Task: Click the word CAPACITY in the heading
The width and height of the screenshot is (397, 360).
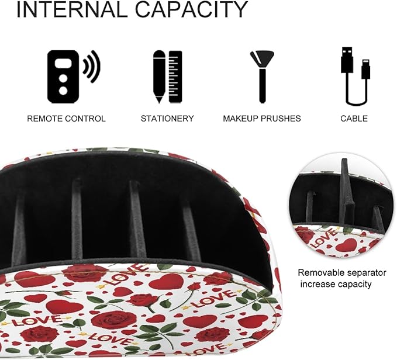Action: click(191, 9)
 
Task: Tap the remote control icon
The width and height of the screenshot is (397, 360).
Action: click(63, 77)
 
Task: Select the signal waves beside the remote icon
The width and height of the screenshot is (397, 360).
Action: click(92, 66)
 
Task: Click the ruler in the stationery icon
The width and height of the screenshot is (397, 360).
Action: click(175, 77)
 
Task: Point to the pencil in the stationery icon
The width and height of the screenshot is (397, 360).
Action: click(159, 77)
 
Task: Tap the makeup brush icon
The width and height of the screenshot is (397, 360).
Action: click(263, 77)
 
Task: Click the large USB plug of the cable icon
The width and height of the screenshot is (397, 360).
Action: click(347, 60)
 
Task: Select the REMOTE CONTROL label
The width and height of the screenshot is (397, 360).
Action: click(66, 119)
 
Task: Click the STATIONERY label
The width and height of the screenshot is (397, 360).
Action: click(167, 119)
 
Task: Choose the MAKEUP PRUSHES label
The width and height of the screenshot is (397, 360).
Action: click(262, 119)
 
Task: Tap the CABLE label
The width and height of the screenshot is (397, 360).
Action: click(354, 119)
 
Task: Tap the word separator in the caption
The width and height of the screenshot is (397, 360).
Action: click(367, 274)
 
